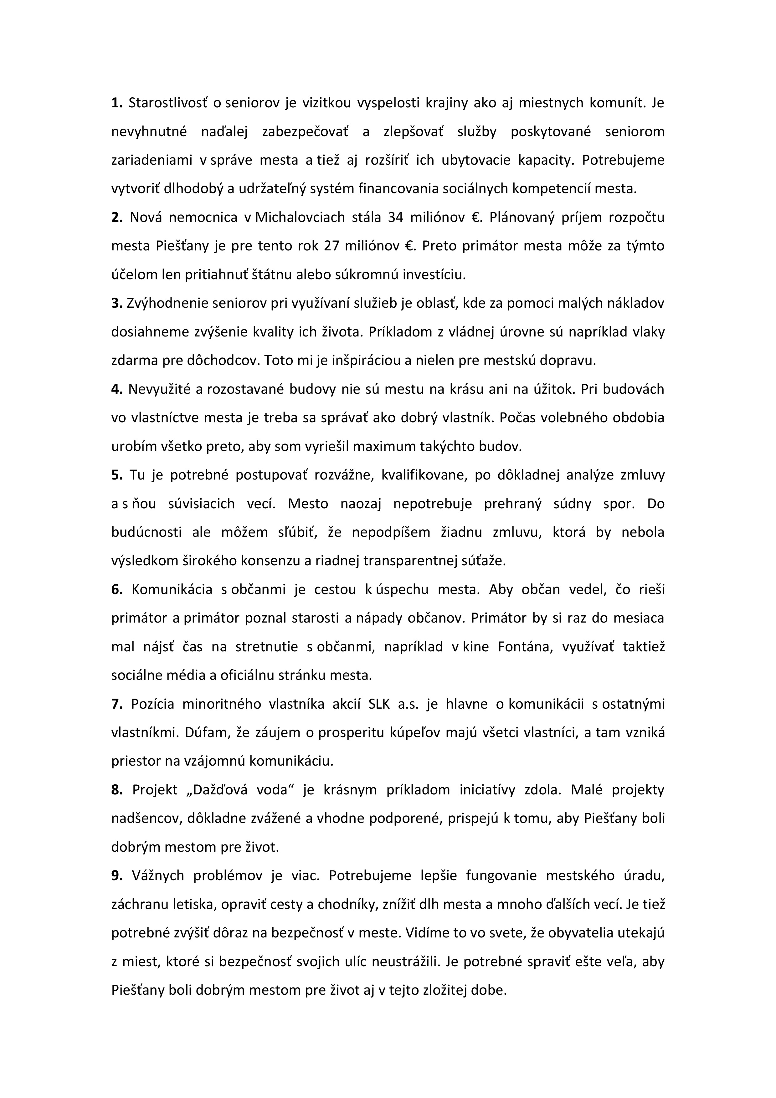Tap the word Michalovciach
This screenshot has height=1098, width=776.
300,218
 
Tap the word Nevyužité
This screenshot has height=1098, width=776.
158,389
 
